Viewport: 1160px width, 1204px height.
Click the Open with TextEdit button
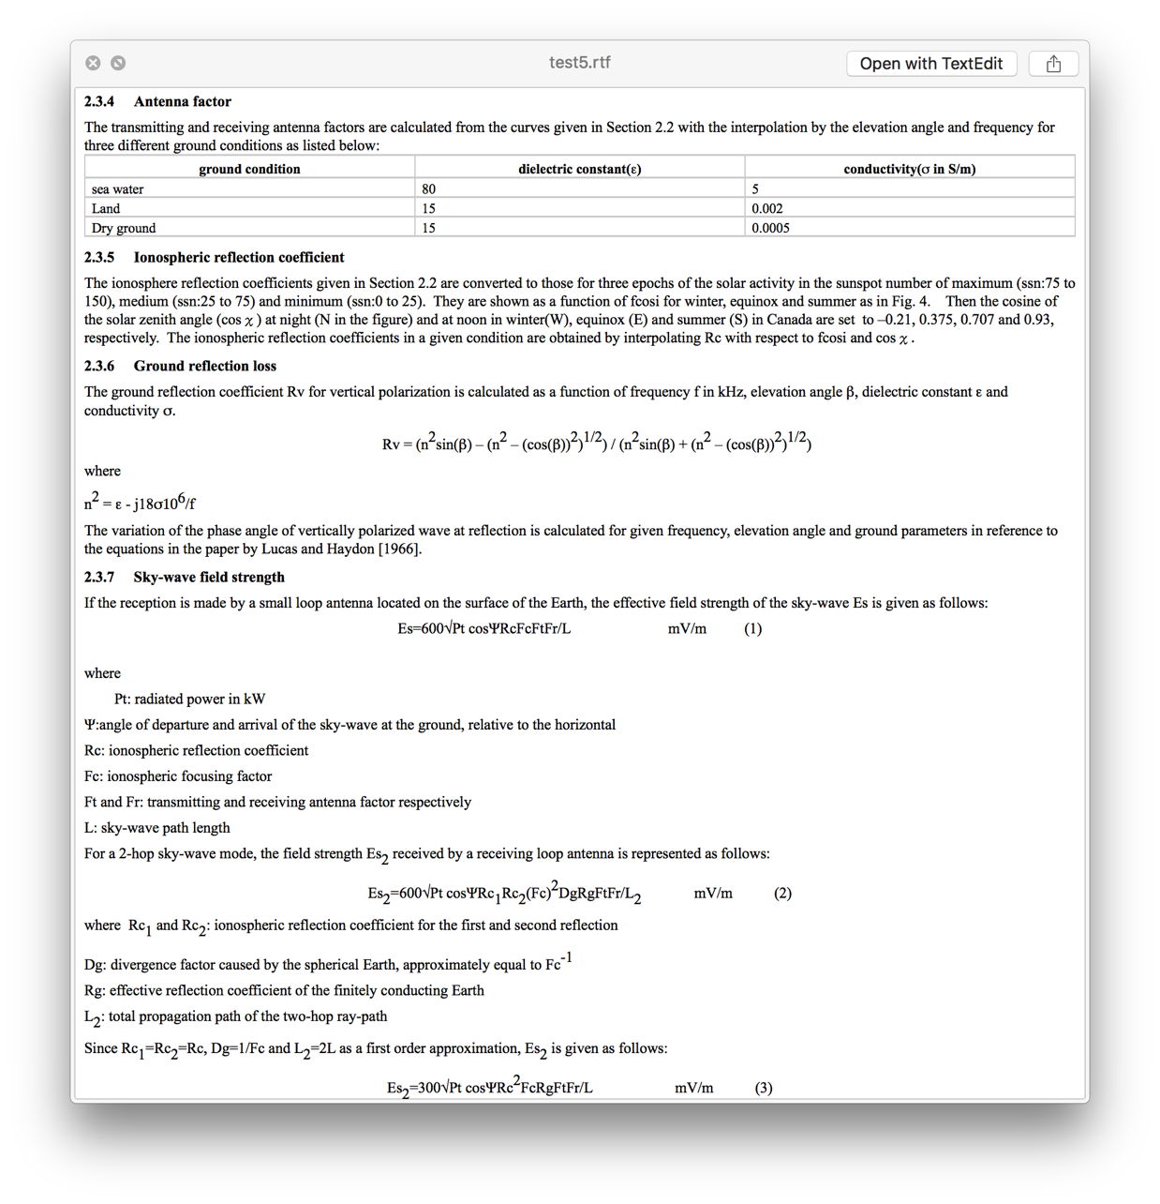(x=930, y=64)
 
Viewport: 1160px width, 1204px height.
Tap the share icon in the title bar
(x=1053, y=64)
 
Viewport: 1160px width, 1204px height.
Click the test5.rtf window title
(x=579, y=63)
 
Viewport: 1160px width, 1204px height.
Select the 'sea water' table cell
(x=118, y=189)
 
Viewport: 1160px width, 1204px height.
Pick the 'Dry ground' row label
(x=124, y=228)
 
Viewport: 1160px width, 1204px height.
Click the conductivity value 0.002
(x=767, y=208)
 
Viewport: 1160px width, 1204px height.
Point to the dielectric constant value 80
(x=429, y=189)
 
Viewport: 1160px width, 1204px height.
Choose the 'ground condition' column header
(x=249, y=169)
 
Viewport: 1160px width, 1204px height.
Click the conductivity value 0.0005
(x=770, y=228)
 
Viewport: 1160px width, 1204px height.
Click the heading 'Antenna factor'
(x=182, y=101)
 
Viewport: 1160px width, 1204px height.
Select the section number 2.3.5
(x=99, y=257)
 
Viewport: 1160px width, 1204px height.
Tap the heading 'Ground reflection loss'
(x=204, y=366)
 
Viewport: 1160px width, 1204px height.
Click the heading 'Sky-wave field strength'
(x=209, y=577)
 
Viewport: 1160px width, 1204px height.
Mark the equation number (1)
(x=753, y=628)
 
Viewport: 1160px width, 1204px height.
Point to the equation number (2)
(x=782, y=893)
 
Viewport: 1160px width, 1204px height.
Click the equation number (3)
(x=764, y=1088)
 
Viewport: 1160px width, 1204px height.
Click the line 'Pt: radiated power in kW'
(x=189, y=699)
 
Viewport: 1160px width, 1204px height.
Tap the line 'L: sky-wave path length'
(x=156, y=828)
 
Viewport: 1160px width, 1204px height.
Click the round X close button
(x=93, y=63)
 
